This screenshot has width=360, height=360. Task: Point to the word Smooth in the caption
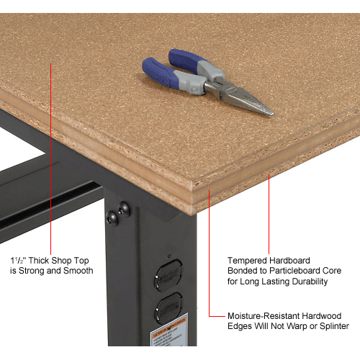pyautogui.click(x=78, y=271)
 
